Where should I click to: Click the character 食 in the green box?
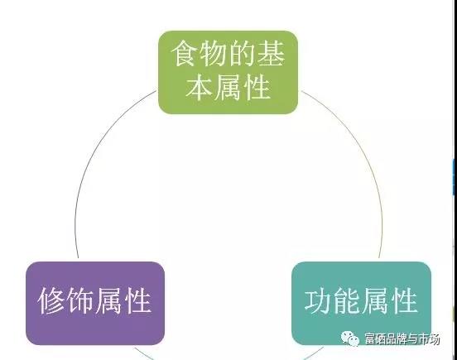tap(185, 54)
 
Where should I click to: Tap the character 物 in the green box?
tap(214, 54)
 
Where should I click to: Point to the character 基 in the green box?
tap(271, 54)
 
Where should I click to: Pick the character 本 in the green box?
tap(200, 87)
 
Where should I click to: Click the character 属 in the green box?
tap(228, 87)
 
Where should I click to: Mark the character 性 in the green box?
tap(257, 87)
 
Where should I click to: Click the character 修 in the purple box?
tap(51, 300)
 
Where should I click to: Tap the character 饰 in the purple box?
tap(79, 300)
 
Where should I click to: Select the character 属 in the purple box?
tap(108, 300)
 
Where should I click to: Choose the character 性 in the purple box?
tap(137, 300)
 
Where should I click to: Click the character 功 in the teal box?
tap(318, 300)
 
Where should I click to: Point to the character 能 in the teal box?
tap(347, 300)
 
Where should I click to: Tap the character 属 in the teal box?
tap(375, 300)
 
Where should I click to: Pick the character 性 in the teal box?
tap(404, 300)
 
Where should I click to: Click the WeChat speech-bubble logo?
tap(350, 338)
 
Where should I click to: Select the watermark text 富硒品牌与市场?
tap(402, 338)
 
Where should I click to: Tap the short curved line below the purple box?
tap(143, 353)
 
